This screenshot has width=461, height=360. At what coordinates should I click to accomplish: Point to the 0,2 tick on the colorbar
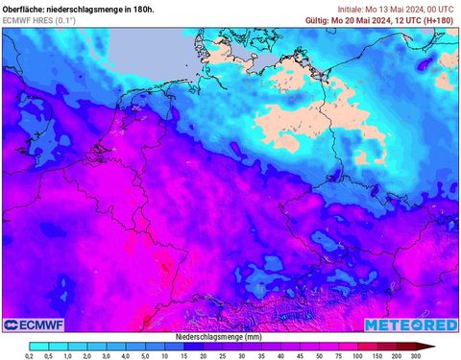point(31,356)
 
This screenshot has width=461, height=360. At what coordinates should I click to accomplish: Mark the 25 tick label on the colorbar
point(227,356)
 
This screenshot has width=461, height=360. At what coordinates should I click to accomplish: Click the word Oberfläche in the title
point(24,7)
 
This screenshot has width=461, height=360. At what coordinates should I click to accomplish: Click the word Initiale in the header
point(354,7)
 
